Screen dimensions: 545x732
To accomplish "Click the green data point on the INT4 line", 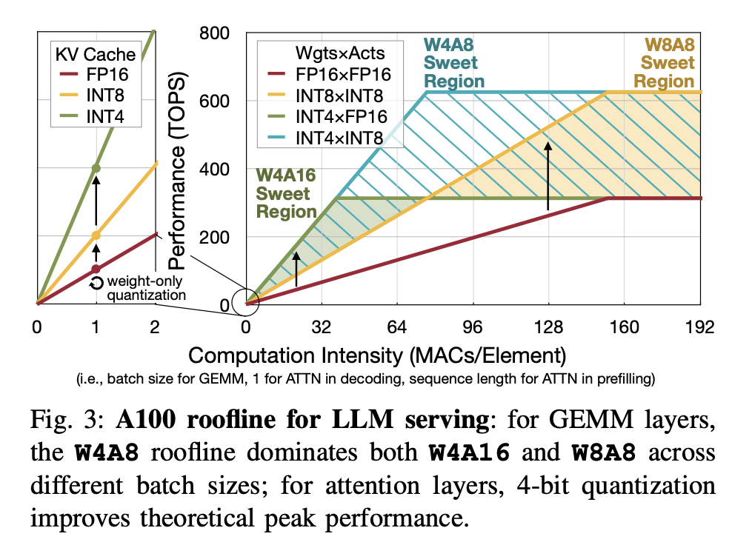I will (96, 168).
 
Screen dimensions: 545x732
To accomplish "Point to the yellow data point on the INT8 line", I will (96, 235).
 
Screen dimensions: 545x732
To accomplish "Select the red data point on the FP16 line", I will (96, 269).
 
